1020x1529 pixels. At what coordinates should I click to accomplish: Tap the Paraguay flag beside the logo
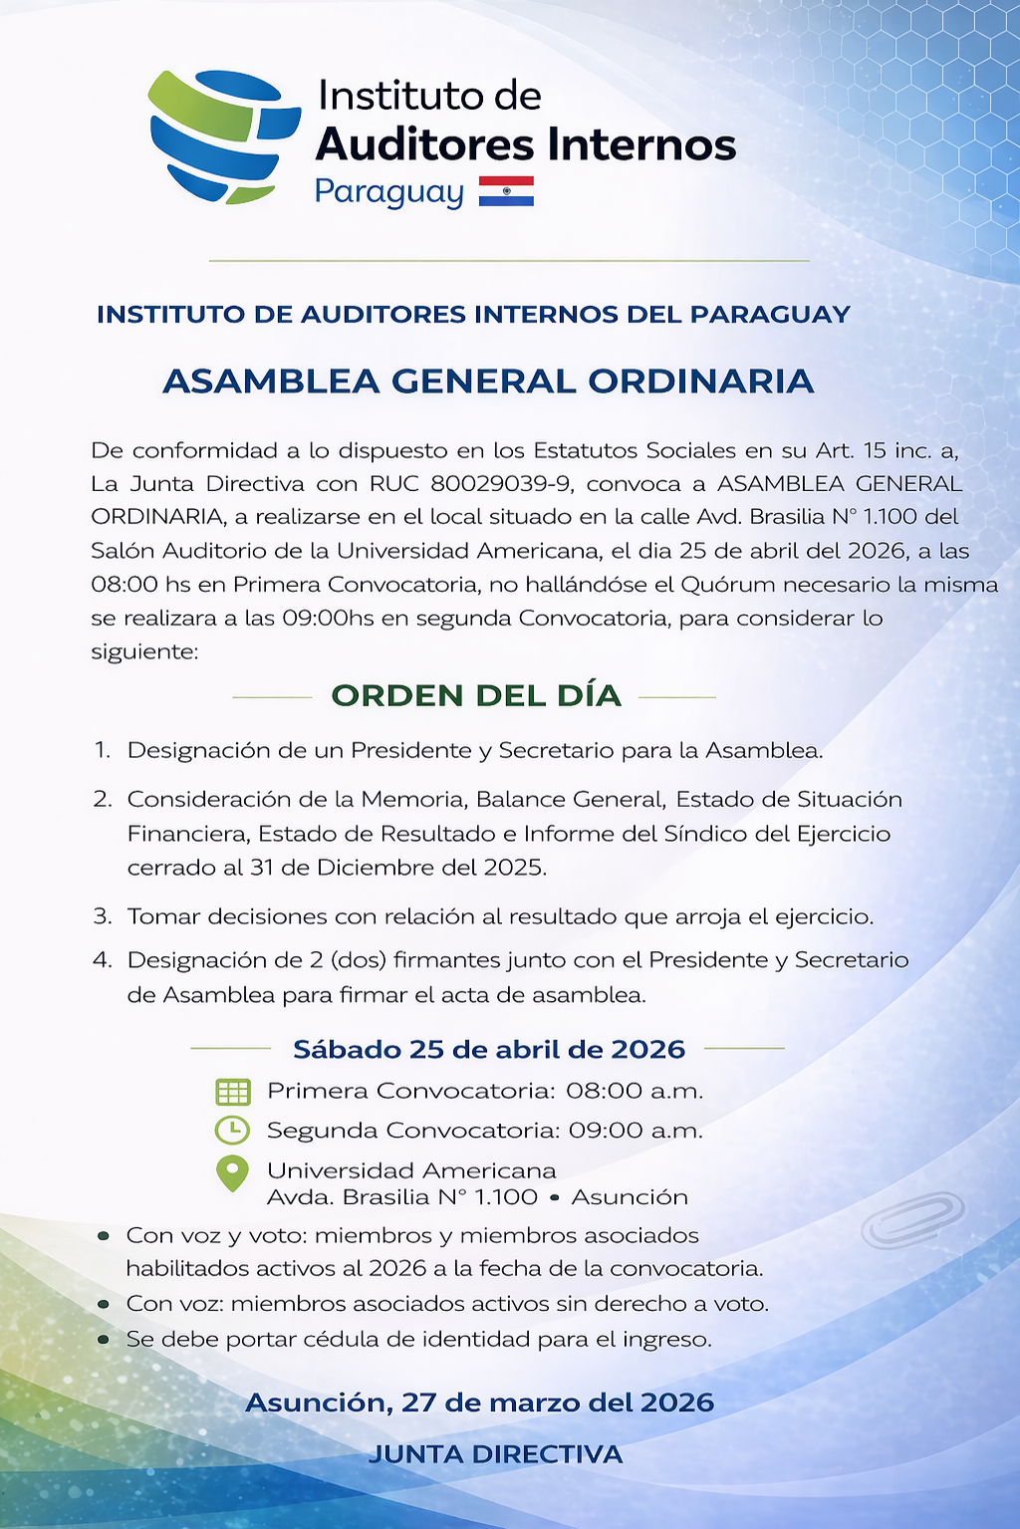[506, 191]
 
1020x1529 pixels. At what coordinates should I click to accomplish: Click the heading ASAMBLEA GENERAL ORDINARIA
[488, 382]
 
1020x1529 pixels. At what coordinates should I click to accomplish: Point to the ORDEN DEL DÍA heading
[476, 695]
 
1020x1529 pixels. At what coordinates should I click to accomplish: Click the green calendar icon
[233, 1092]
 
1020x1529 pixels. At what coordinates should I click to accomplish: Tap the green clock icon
[233, 1131]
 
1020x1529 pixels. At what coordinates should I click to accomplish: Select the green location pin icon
[233, 1172]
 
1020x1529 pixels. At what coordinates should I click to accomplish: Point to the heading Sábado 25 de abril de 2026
[488, 1049]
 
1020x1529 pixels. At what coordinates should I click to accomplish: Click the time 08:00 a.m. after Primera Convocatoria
[635, 1091]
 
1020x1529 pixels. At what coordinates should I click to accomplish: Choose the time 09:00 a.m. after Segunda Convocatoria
[636, 1131]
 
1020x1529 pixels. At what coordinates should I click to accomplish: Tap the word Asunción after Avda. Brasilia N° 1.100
[630, 1197]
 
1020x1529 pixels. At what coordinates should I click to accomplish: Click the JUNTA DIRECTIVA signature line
[495, 1454]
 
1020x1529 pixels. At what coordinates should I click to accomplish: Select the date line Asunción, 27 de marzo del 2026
[479, 1402]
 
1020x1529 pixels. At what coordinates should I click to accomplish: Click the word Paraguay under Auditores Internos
[389, 192]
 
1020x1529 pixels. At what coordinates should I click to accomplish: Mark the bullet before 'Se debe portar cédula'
[104, 1340]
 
